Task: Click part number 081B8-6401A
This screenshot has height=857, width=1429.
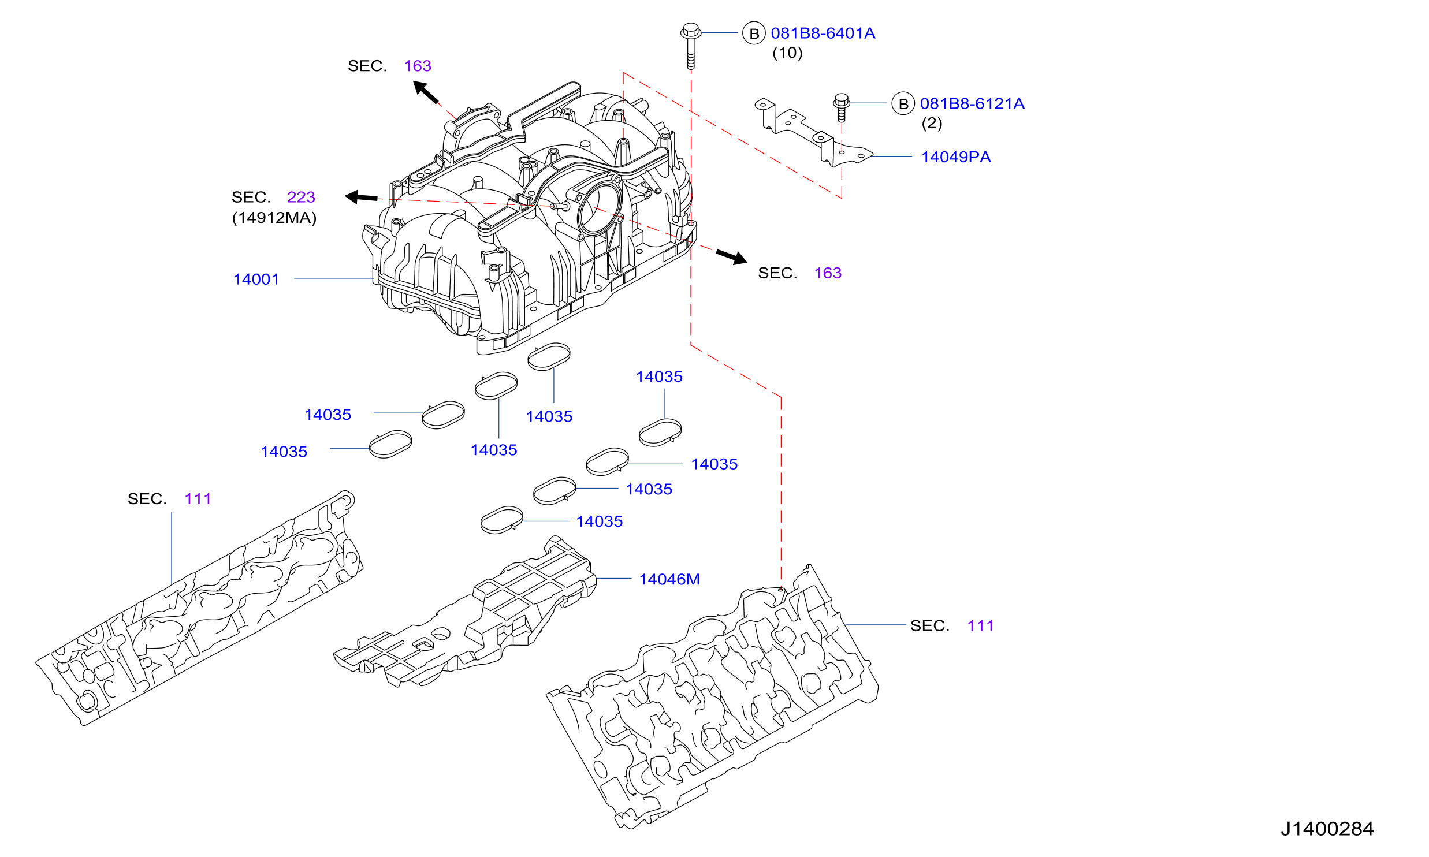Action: tap(823, 33)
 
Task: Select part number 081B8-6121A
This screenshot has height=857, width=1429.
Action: tap(972, 104)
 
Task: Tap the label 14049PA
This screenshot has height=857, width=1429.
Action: tap(956, 157)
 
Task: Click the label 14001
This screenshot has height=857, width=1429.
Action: tap(256, 280)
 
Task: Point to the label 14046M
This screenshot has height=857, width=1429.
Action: tap(669, 579)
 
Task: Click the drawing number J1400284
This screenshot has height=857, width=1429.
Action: tap(1327, 829)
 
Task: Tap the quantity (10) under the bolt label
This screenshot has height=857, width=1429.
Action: tap(787, 53)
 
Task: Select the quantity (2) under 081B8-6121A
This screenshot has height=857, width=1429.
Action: tap(932, 123)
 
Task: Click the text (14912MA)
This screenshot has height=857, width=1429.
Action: tap(274, 218)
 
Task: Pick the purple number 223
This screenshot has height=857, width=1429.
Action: tap(301, 198)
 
